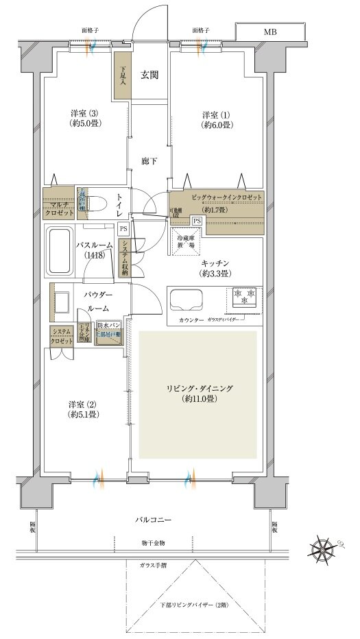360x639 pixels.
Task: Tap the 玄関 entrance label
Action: [150, 75]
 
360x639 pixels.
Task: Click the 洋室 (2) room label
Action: [84, 409]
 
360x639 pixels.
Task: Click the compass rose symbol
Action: [324, 548]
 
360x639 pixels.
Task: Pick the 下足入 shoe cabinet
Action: [123, 75]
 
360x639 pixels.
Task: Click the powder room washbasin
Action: [62, 302]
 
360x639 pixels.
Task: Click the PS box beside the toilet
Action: [123, 228]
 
